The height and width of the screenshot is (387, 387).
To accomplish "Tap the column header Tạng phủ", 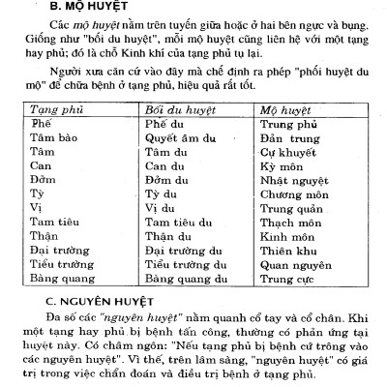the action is tap(55, 109).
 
